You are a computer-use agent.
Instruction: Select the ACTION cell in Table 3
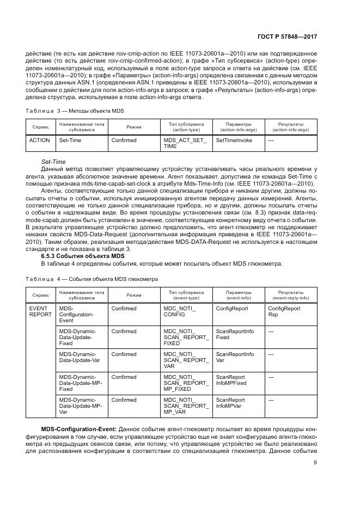tap(39, 140)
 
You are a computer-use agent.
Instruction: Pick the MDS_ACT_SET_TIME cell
tap(185, 143)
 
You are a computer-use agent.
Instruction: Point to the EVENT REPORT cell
tap(40, 311)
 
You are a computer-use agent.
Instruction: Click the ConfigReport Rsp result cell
tap(284, 311)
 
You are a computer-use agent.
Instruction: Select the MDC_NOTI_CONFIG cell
tap(179, 311)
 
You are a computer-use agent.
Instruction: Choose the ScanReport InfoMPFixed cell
tap(231, 380)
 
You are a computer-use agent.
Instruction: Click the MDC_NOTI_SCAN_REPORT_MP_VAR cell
tap(186, 406)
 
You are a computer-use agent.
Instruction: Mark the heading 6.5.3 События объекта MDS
tap(83, 255)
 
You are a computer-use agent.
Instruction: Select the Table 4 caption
tap(91, 278)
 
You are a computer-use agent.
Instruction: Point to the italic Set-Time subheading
tap(53, 162)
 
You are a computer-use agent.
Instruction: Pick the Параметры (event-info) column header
tap(239, 295)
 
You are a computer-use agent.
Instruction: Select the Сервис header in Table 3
tap(40, 126)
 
